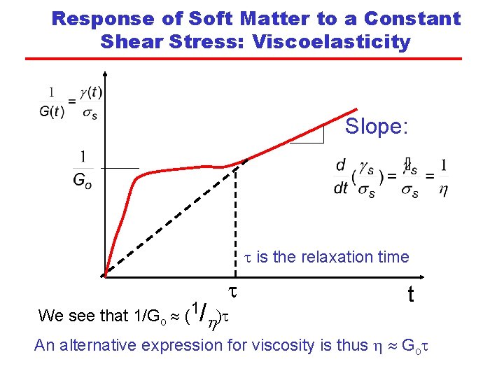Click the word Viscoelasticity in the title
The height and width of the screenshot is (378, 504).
click(x=332, y=42)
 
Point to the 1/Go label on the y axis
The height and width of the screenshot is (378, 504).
click(x=83, y=169)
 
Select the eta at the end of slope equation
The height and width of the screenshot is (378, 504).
click(x=443, y=190)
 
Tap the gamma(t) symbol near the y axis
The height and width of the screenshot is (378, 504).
click(x=90, y=92)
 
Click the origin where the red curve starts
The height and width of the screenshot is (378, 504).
click(x=104, y=275)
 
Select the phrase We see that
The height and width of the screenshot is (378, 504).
click(x=83, y=316)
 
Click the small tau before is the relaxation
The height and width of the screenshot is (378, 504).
click(x=246, y=257)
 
